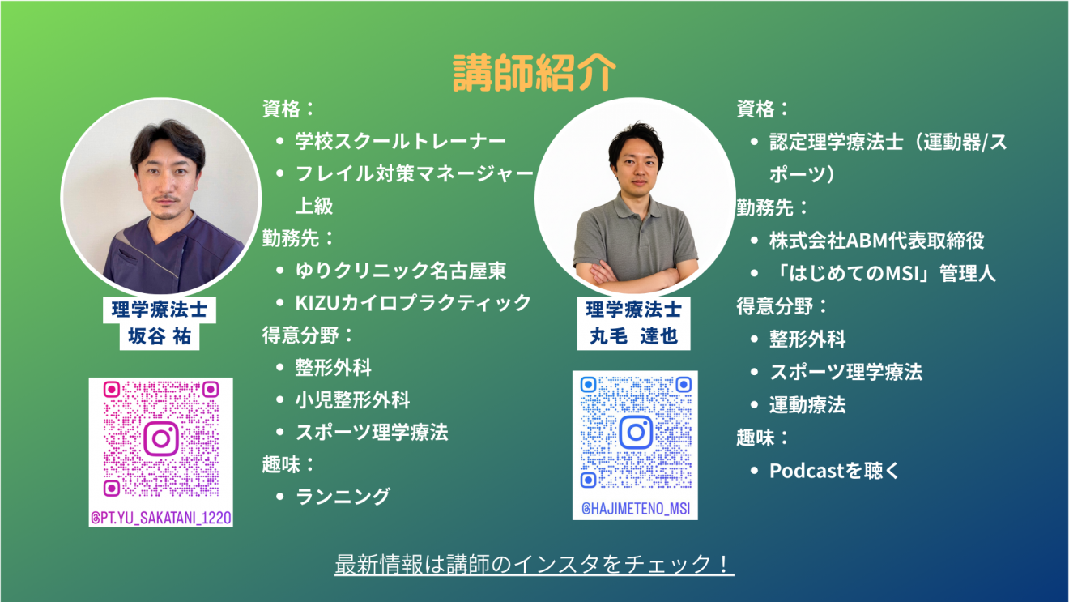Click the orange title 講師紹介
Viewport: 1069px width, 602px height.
(x=534, y=72)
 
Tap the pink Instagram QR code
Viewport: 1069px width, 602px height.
(x=161, y=439)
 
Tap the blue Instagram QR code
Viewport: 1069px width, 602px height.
(x=635, y=432)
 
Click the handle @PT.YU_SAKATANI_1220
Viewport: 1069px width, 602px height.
(x=161, y=518)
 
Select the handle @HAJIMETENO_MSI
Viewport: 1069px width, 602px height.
(x=635, y=509)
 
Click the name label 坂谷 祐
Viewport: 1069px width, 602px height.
(x=160, y=336)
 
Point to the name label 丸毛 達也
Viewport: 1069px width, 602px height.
(x=634, y=336)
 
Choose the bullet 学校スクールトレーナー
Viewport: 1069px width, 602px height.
(x=400, y=141)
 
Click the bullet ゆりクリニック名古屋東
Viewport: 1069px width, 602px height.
(x=400, y=271)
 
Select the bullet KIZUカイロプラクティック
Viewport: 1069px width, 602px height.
(x=413, y=303)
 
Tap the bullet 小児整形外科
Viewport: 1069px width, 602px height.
(x=352, y=400)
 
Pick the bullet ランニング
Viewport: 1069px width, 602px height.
(x=343, y=497)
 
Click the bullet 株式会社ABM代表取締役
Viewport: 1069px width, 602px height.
(x=877, y=241)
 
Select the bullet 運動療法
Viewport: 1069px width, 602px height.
(x=807, y=405)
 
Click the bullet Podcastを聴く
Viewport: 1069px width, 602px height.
(x=833, y=472)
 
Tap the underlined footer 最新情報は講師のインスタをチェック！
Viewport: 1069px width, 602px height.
(x=534, y=564)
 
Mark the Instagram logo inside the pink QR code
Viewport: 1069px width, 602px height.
(x=161, y=438)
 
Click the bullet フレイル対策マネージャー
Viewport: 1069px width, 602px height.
(x=415, y=173)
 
